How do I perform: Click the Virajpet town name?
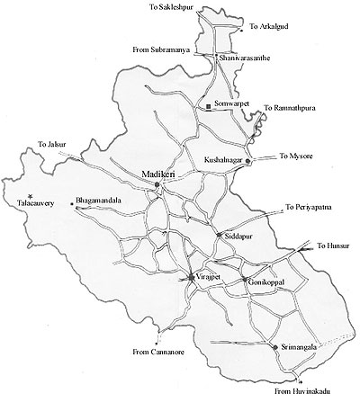(x=209, y=278)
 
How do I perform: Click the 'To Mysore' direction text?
(x=298, y=156)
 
